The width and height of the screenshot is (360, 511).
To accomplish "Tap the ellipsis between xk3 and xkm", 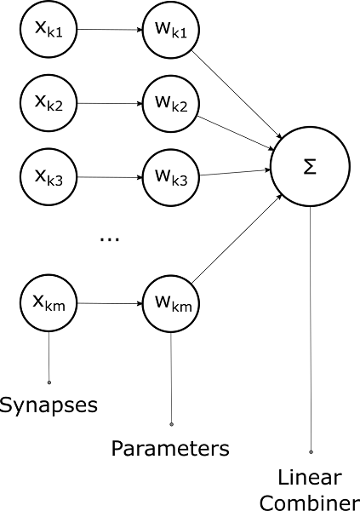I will [x=110, y=239].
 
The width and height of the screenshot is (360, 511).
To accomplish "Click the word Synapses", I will [x=49, y=405].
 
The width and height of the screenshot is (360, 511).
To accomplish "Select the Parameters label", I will [x=172, y=447].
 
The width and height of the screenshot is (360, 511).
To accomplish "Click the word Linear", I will [x=310, y=478].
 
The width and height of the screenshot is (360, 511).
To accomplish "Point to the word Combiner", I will [x=310, y=502].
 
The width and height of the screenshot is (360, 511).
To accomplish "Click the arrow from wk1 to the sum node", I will [x=239, y=93].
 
